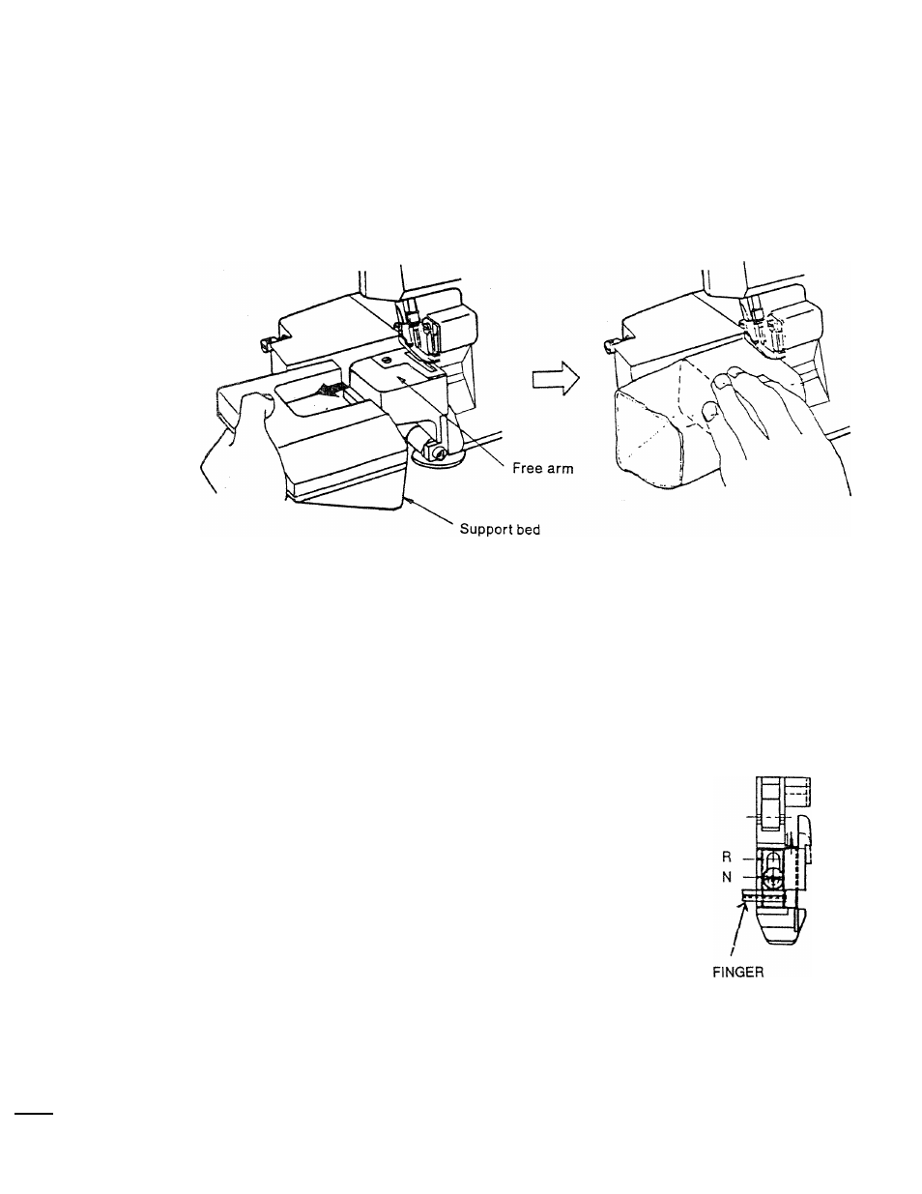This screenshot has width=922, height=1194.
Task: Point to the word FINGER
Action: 733,973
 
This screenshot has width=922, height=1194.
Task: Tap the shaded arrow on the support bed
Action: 333,390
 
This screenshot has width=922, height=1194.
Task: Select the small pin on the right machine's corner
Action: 606,342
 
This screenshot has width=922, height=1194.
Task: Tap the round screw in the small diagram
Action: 771,878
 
